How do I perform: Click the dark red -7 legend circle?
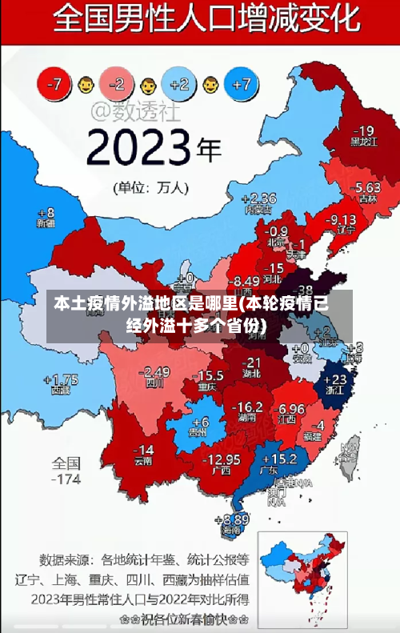pyautogui.click(x=54, y=82)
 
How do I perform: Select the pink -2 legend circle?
pyautogui.click(x=117, y=82)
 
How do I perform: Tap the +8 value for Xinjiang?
pyautogui.click(x=46, y=213)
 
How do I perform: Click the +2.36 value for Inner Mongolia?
pyautogui.click(x=258, y=198)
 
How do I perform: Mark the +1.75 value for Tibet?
pyautogui.click(x=61, y=380)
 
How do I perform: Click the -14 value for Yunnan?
pyautogui.click(x=142, y=449)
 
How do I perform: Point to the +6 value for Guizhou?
pyautogui.click(x=200, y=422)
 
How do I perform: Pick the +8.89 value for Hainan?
pyautogui.click(x=231, y=519)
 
